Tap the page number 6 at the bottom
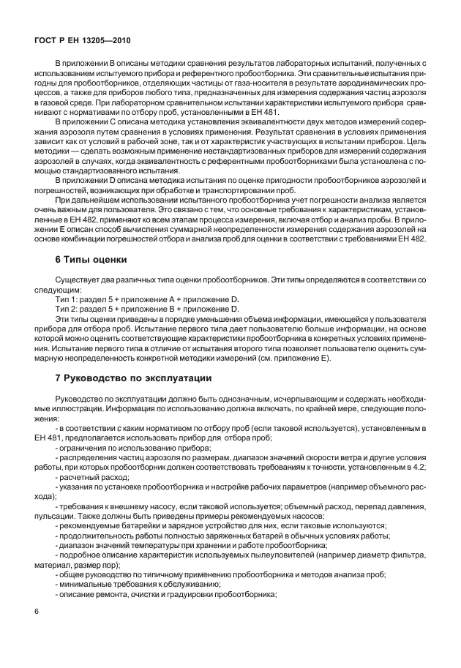pyautogui.click(x=37, y=610)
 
